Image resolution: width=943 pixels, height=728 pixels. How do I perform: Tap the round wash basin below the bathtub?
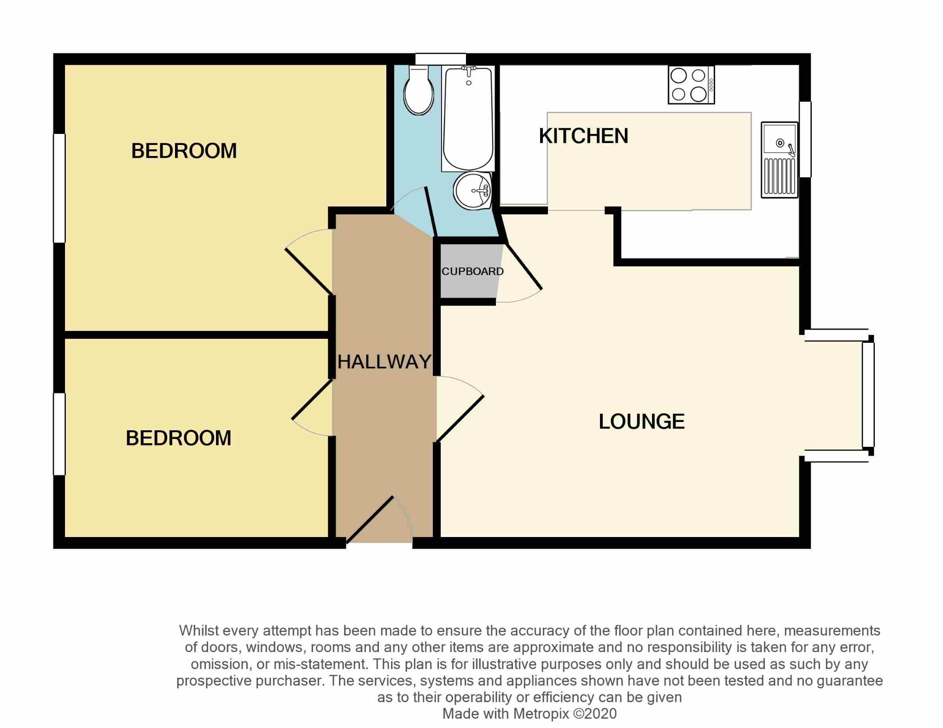473,191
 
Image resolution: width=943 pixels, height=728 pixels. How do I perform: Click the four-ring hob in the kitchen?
690,85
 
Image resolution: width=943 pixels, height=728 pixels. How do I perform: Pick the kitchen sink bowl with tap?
779,139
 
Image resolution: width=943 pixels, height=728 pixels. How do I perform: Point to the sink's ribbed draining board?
779,176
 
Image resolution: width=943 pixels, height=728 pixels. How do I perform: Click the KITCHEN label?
583,136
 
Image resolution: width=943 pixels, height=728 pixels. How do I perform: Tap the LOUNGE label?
641,422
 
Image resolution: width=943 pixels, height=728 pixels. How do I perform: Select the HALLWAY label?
384,362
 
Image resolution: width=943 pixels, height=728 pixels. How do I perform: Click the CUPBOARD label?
472,272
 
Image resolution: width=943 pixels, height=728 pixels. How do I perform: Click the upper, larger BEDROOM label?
184,151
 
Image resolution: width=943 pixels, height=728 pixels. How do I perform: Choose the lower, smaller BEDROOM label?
178,438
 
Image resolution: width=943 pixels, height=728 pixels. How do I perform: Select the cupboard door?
524,267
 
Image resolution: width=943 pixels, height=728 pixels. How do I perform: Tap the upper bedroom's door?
309,271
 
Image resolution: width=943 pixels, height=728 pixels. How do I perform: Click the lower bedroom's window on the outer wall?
59,434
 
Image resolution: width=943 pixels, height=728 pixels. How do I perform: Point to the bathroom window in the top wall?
440,59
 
